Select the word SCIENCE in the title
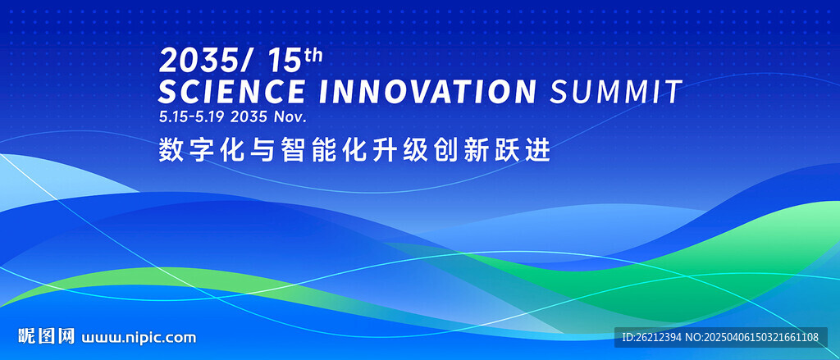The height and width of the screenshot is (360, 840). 231,91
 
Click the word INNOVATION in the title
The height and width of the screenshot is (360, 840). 427,91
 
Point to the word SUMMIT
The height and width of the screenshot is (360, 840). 616,91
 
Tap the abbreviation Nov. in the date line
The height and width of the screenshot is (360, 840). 290,116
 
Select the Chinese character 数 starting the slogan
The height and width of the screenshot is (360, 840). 169,151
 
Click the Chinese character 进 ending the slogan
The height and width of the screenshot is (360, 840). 540,151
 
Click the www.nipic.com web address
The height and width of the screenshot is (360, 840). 138,338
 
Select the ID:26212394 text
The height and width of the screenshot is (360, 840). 651,338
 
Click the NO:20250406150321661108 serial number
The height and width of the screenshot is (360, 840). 752,338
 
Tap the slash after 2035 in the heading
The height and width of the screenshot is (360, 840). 244,61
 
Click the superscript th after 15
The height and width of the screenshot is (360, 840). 313,55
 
